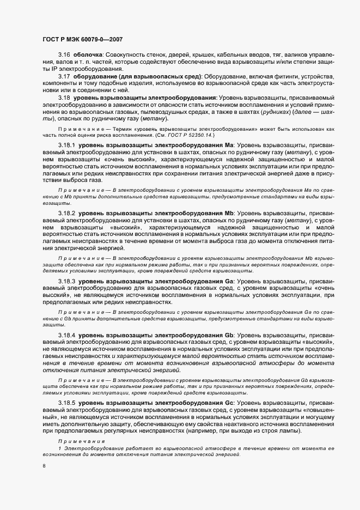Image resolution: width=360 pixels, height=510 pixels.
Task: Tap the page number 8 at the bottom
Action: tap(44, 466)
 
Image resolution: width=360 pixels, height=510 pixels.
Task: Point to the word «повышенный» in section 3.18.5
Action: tap(321, 411)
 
